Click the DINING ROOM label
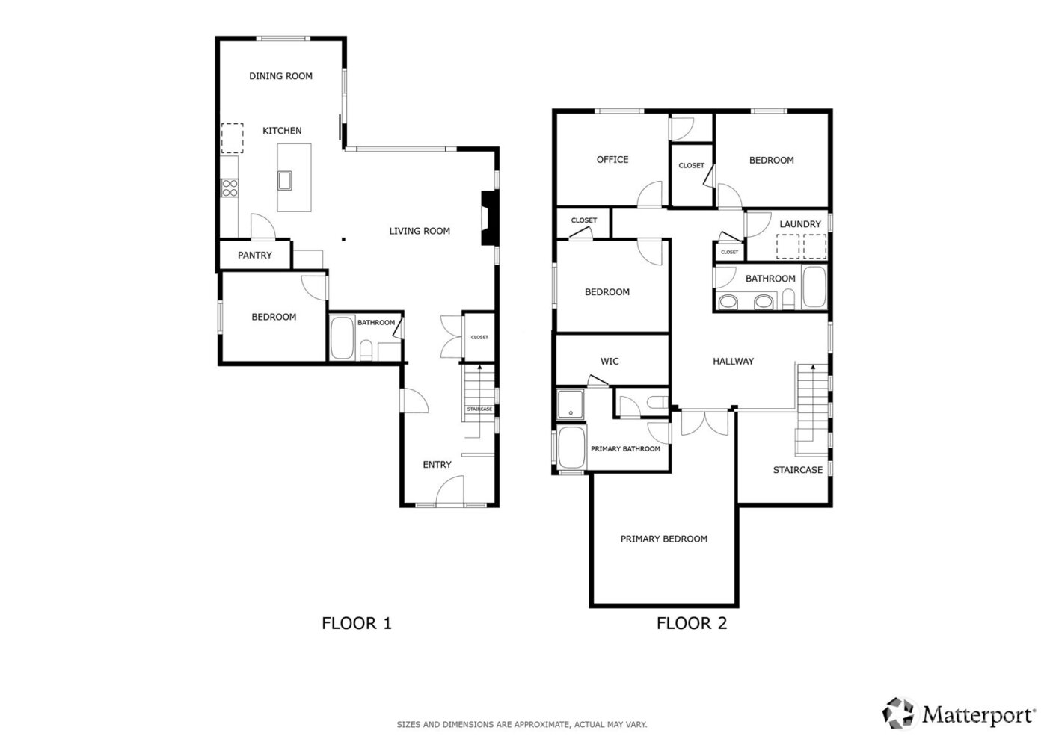click(280, 76)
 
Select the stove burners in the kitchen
click(230, 188)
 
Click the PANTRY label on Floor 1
click(255, 256)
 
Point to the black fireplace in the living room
click(488, 218)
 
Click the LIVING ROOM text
click(420, 231)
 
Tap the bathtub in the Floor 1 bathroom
click(343, 338)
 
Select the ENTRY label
click(437, 465)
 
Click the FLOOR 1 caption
click(357, 623)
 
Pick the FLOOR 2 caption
click(692, 623)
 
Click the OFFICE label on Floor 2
click(612, 160)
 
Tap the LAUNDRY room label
click(799, 224)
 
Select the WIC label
click(610, 362)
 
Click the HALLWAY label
click(733, 362)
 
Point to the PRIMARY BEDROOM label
click(663, 539)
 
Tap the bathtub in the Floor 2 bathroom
click(813, 288)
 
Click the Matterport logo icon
click(899, 713)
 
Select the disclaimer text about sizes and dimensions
click(521, 725)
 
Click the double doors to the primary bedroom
click(704, 421)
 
